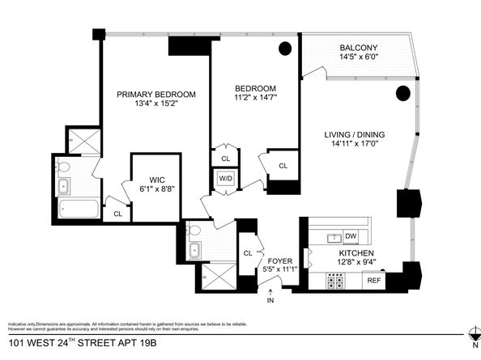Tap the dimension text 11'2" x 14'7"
[256, 99]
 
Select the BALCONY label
[358, 48]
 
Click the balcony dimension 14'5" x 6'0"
[358, 57]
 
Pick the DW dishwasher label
[351, 236]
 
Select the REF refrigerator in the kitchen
[373, 281]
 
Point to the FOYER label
[280, 260]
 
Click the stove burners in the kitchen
[334, 281]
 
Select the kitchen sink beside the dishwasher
[333, 237]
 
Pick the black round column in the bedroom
[285, 49]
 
